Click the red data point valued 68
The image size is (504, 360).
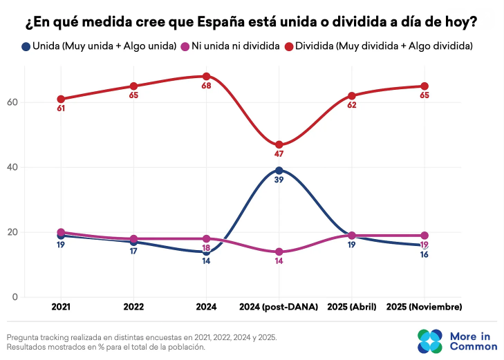206,76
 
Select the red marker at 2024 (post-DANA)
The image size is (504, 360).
279,145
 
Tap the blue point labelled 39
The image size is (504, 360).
279,171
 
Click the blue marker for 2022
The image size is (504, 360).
133,242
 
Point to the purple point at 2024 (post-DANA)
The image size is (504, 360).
279,252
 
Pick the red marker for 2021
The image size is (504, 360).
61,99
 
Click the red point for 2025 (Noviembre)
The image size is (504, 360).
424,86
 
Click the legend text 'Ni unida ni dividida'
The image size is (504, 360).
235,46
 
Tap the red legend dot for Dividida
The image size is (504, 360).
290,46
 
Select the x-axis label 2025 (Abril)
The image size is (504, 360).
351,306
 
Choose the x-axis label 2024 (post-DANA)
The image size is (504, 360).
279,306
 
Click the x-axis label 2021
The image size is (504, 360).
61,306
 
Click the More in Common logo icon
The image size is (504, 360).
429,341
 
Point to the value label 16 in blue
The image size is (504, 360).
424,255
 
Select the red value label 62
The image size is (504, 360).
351,105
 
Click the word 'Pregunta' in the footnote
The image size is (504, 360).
23,337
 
